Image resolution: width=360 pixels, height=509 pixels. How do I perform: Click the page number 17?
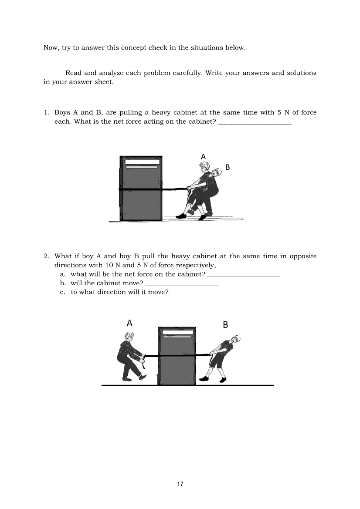[180, 484]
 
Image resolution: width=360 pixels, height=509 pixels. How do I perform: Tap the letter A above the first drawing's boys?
[203, 156]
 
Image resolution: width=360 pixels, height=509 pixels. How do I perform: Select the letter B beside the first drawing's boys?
[227, 167]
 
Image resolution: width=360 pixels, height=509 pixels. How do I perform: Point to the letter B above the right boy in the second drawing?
[225, 324]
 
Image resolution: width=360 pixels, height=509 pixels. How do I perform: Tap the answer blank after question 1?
[254, 124]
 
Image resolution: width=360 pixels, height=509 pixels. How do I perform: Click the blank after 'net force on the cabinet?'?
[244, 276]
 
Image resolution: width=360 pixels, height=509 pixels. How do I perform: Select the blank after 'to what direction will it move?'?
[207, 294]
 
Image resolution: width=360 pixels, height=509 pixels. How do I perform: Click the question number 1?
[46, 112]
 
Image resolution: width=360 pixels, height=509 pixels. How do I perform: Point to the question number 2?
[46, 256]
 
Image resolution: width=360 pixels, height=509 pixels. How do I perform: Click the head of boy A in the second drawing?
[129, 337]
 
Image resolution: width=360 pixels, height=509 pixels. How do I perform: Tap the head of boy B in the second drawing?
[236, 340]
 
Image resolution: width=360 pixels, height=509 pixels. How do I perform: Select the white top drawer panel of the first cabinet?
[141, 161]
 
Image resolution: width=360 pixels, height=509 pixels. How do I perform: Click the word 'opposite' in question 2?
[303, 256]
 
